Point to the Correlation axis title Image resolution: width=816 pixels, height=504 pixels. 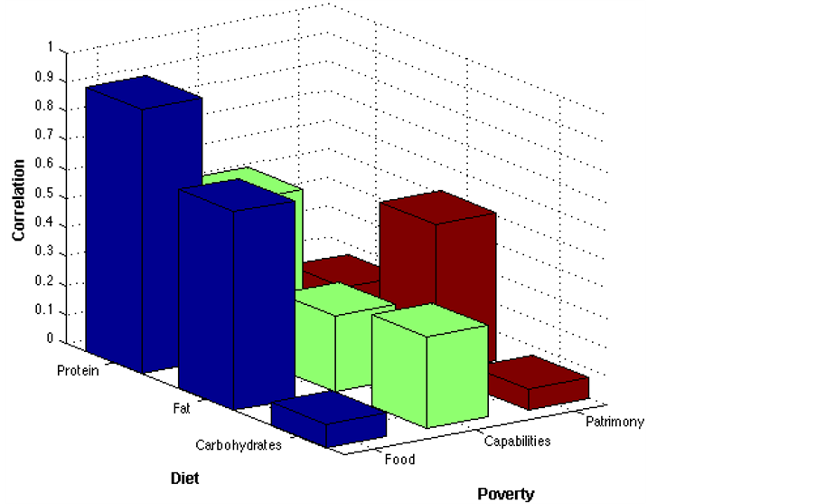[18, 200]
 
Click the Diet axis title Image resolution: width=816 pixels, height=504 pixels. [184, 477]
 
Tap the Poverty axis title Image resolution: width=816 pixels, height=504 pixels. [506, 494]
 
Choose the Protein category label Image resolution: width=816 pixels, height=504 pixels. [78, 371]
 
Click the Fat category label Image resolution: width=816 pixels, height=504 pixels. [182, 409]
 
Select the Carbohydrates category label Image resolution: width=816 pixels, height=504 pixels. [239, 445]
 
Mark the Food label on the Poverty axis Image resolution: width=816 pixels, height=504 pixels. [399, 460]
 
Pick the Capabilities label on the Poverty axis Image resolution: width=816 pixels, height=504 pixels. [517, 442]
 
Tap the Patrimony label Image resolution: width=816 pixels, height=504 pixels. [614, 423]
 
